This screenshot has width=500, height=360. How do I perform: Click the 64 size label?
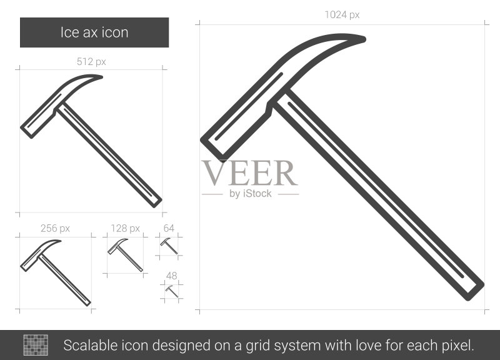tap(169, 228)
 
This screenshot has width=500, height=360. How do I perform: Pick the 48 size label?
tap(171, 276)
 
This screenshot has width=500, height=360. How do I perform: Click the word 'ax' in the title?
tap(86, 33)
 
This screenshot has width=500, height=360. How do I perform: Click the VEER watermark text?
tap(249, 173)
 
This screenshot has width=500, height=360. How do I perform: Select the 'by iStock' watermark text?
tap(251, 194)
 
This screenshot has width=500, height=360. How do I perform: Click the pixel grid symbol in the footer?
tap(36, 345)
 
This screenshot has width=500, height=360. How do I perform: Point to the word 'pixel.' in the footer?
tap(457, 346)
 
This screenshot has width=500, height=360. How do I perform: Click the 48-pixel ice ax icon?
tap(171, 291)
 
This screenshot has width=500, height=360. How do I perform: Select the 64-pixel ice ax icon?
tap(169, 246)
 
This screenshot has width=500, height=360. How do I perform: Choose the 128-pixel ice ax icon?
tap(126, 255)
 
